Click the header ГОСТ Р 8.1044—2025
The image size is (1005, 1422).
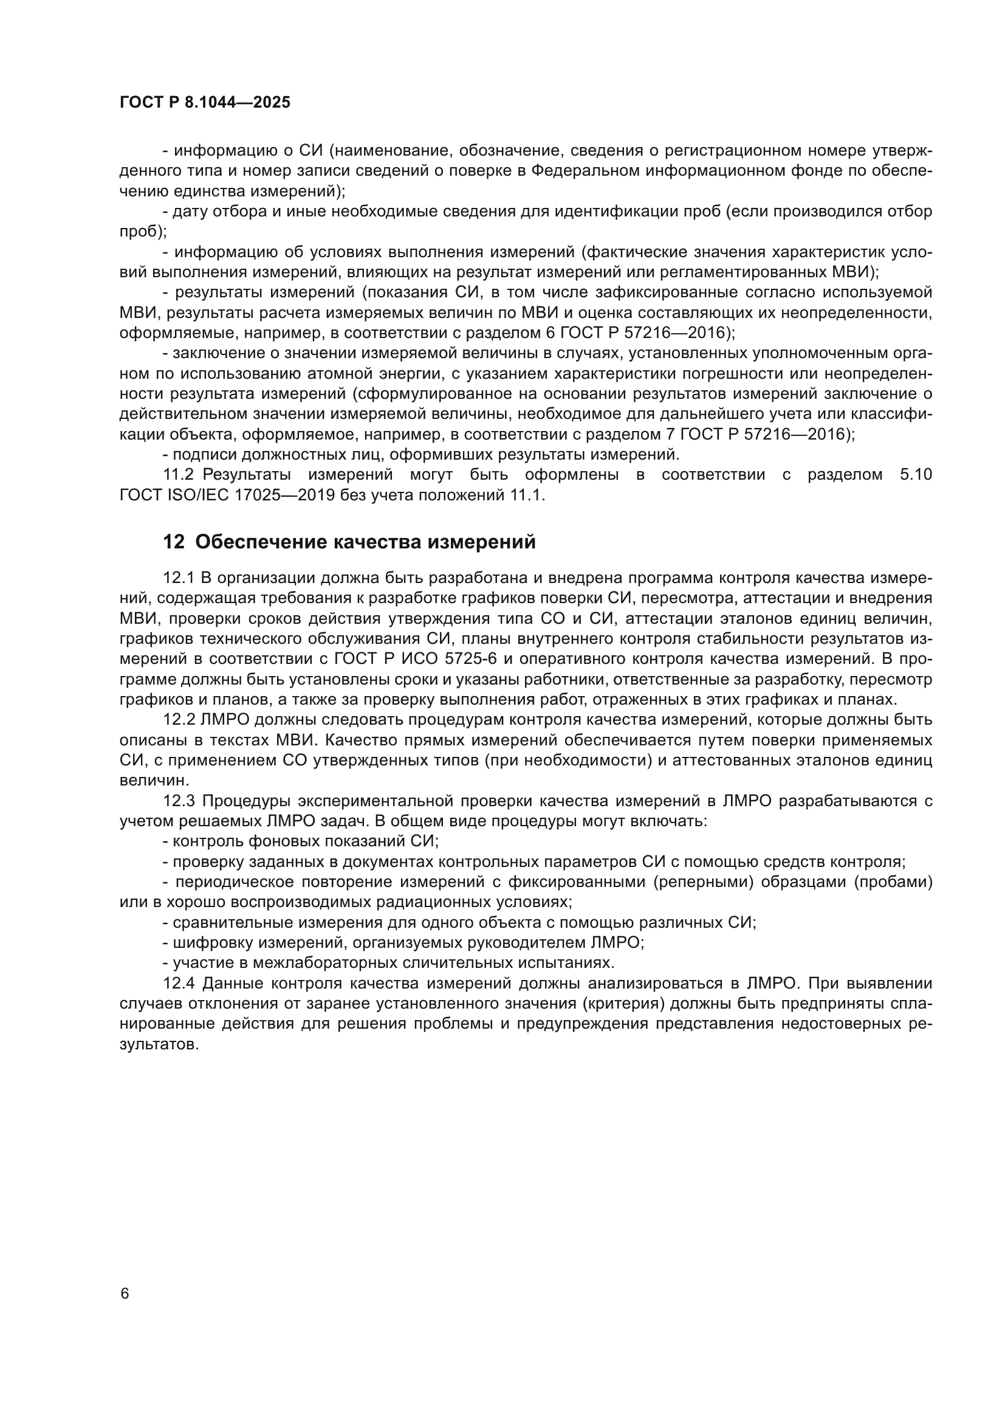(x=205, y=103)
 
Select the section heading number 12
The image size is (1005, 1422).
(x=173, y=542)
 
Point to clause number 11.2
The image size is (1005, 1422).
(x=178, y=475)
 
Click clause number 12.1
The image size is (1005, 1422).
(x=178, y=578)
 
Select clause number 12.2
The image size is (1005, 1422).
(x=178, y=720)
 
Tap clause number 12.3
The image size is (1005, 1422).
(x=178, y=801)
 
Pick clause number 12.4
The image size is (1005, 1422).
(x=178, y=984)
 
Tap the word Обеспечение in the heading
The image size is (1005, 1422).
(x=261, y=542)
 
